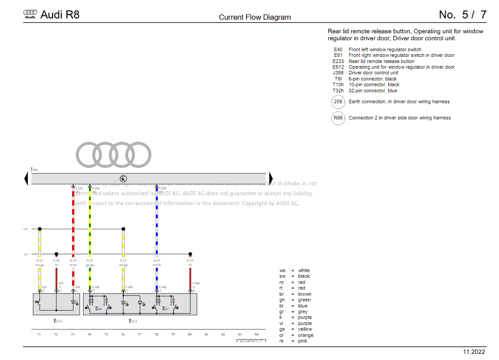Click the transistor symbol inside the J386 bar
pos(123,178)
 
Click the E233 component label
pos(58,321)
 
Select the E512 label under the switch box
pos(133,321)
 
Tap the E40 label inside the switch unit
pos(98,308)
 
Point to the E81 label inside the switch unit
pos(165,308)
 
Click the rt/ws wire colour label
pos(73,265)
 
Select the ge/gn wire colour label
pos(90,265)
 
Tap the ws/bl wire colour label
pos(157,265)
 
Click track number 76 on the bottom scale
pos(123,334)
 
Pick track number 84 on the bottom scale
pos(256,334)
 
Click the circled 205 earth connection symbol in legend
pos(338,102)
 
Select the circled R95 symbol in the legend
pos(338,118)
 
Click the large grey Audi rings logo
pos(114,154)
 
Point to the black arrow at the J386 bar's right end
pos(270,178)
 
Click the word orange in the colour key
pos(306,335)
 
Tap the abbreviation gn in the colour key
pos(282,300)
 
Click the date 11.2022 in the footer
pos(474,352)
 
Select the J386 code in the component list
pos(338,73)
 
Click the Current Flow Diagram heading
pos(255,17)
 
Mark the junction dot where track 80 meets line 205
pos(190,254)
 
